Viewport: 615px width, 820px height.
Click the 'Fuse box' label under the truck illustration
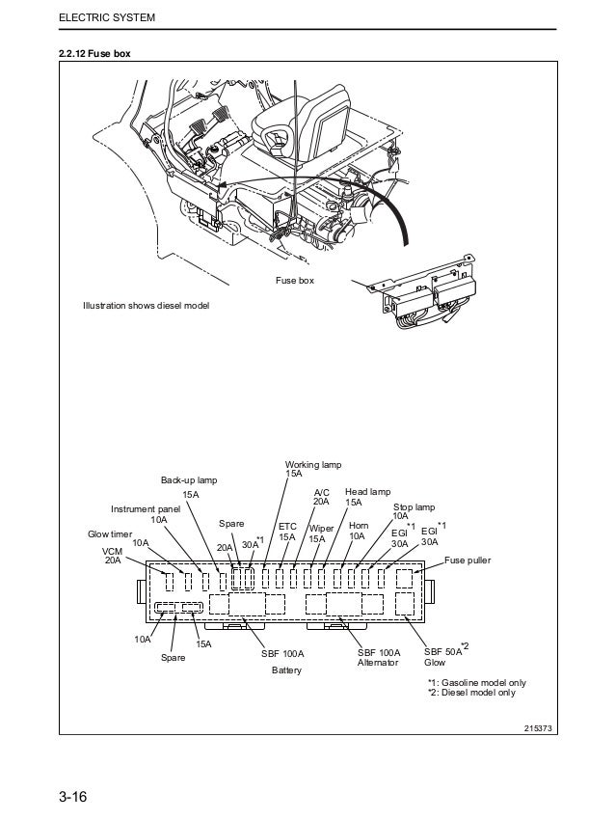coord(295,281)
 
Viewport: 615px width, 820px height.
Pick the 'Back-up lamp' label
coord(189,480)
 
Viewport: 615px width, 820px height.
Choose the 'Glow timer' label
coord(110,533)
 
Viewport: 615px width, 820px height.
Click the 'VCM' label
coord(114,551)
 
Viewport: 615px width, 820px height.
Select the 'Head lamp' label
coord(367,491)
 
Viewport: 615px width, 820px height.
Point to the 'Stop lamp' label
coord(414,507)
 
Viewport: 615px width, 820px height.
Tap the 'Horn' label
coord(359,526)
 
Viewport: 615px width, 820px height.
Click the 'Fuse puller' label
coord(467,560)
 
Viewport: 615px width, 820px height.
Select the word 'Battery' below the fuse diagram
coord(286,670)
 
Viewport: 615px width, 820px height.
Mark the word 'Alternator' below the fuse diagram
coord(377,663)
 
